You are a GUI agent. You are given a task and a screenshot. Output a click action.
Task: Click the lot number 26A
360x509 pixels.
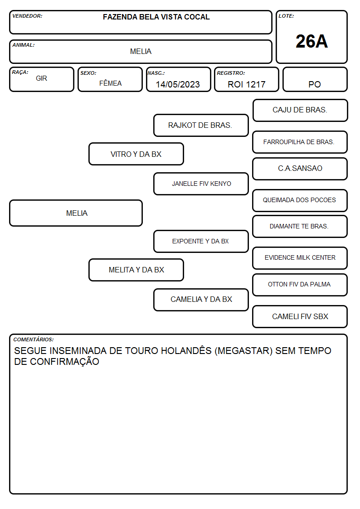[311, 42]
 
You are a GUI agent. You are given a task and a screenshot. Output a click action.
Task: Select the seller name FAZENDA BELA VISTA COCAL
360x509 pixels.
[156, 17]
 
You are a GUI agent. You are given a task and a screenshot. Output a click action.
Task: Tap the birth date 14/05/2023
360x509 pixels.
[178, 84]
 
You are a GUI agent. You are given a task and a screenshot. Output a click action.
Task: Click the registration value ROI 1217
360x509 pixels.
[246, 84]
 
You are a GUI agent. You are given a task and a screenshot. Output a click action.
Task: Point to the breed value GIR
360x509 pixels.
[41, 78]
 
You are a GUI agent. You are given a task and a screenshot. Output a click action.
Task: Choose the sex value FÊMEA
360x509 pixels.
[110, 83]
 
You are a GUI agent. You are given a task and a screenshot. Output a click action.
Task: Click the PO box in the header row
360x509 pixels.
[315, 79]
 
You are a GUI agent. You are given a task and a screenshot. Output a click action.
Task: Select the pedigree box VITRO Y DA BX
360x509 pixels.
[136, 154]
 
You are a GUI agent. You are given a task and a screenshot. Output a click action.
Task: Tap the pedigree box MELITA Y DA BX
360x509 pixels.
[136, 270]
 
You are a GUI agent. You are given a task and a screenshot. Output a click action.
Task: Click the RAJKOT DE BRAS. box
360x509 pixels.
[201, 125]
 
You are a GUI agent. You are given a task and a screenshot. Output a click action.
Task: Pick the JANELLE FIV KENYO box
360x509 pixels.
[201, 184]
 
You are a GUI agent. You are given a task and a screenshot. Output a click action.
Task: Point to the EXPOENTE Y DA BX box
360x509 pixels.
[201, 241]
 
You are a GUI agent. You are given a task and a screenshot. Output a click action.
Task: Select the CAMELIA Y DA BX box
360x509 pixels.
[201, 300]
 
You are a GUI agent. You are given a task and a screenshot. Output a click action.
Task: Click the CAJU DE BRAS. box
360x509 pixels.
[300, 111]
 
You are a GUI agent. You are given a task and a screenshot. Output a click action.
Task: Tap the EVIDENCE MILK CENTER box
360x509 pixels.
[300, 258]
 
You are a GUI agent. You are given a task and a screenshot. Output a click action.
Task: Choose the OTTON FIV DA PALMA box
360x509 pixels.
[300, 285]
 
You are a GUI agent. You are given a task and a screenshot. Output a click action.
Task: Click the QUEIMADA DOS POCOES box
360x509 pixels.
[300, 200]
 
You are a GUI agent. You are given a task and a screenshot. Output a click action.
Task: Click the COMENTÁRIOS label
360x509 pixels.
[34, 339]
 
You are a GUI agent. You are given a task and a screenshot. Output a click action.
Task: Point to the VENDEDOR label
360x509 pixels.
[27, 16]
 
